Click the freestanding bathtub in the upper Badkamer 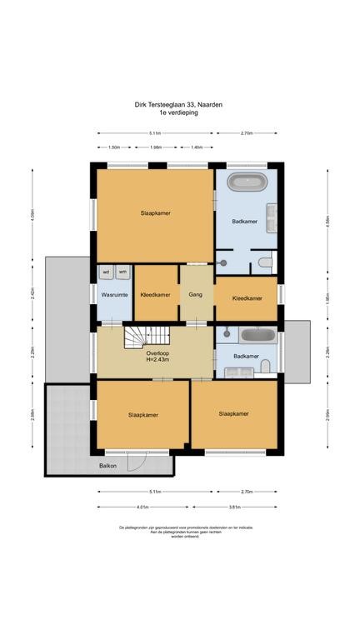tap(246, 182)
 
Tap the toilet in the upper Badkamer tap(264, 263)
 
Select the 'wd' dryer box tap(107, 272)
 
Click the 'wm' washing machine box tap(122, 272)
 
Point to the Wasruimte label tap(113, 295)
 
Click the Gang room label tap(196, 295)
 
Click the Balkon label tap(108, 465)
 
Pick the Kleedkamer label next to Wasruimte tap(156, 295)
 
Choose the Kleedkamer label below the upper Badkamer tap(247, 297)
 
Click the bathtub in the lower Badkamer tap(257, 335)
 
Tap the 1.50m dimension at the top tap(114, 147)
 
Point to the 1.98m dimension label tap(156, 147)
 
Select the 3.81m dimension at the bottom tap(235, 506)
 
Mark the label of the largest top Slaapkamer tap(156, 214)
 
